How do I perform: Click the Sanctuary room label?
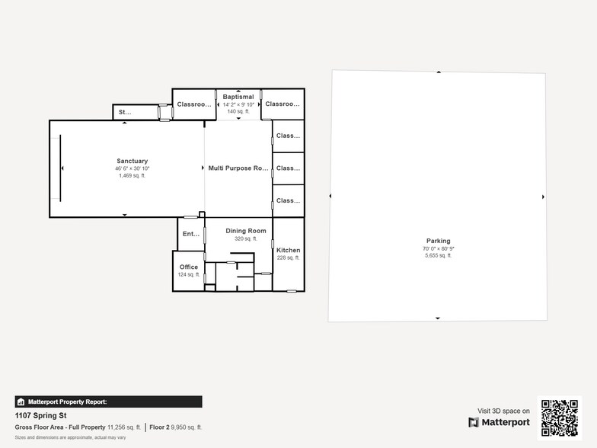point(132,161)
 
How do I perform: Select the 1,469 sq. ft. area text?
point(132,175)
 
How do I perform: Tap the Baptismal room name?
point(238,97)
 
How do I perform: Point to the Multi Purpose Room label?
point(238,168)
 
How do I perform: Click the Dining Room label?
point(246,231)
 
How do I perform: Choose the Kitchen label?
point(288,250)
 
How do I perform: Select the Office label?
point(189,267)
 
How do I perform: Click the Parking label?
point(438,241)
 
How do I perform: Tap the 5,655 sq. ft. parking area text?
point(438,256)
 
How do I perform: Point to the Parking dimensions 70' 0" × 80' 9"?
point(438,249)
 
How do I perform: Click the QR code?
point(560,418)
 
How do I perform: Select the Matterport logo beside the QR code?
point(500,422)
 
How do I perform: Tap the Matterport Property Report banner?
point(108,402)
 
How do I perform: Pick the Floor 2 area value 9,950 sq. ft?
point(187,427)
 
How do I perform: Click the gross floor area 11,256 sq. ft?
point(124,427)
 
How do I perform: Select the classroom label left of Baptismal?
point(193,104)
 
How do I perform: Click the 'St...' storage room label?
point(124,113)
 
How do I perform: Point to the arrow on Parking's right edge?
point(543,197)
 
